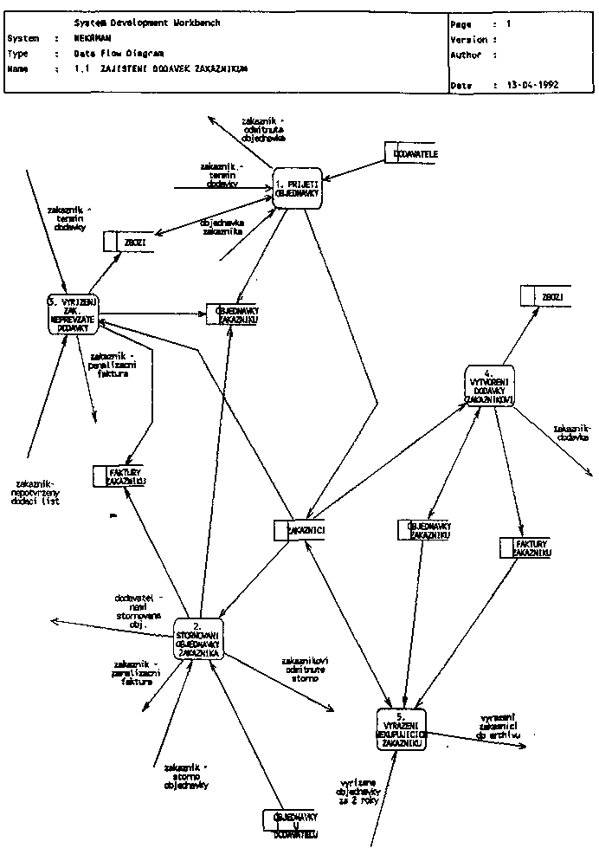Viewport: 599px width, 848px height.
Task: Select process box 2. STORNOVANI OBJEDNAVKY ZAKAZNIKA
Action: [198, 640]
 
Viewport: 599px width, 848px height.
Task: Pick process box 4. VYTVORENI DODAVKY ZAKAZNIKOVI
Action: [489, 385]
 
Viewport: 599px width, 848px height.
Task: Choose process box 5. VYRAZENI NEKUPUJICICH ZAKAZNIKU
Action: [401, 729]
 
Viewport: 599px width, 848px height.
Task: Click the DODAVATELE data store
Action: [410, 152]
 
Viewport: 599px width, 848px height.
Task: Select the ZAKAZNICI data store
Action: [299, 530]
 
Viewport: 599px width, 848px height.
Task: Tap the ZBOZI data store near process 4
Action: [544, 296]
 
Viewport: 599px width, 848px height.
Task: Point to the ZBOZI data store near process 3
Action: [128, 242]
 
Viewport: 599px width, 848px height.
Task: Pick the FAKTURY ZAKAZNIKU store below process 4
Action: [526, 547]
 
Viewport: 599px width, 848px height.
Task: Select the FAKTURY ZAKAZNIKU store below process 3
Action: [119, 476]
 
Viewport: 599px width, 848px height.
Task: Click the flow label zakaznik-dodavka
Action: [572, 433]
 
